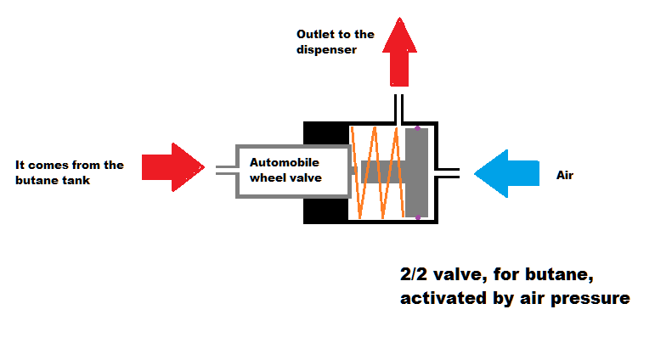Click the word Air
click(x=566, y=176)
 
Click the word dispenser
click(x=326, y=49)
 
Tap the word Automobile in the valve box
click(x=285, y=161)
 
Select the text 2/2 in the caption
click(x=415, y=276)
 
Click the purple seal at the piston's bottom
click(x=417, y=217)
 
